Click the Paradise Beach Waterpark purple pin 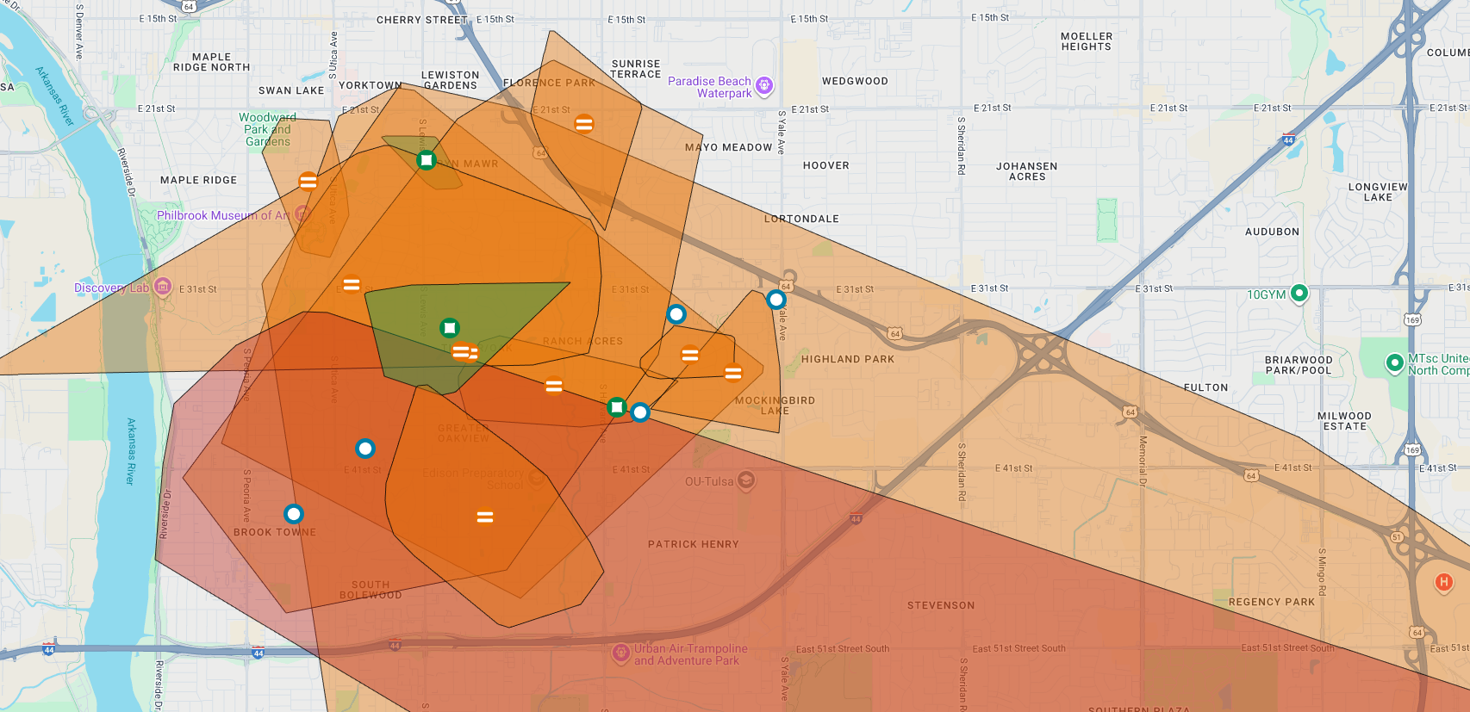[764, 85]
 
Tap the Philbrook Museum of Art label [222, 215]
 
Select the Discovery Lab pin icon [163, 288]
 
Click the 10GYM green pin [1299, 294]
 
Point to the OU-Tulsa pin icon [746, 480]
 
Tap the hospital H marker [1443, 583]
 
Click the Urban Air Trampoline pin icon [620, 653]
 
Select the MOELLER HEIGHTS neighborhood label [1086, 41]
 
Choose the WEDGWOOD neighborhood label [855, 81]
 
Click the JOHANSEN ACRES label [1026, 171]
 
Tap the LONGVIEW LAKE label [1377, 192]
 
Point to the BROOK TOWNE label [275, 532]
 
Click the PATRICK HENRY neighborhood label [693, 544]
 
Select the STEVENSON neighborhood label [940, 605]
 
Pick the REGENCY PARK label [1271, 602]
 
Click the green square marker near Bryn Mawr [427, 160]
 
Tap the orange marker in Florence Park [584, 124]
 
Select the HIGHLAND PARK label [848, 359]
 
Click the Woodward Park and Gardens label [267, 129]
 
